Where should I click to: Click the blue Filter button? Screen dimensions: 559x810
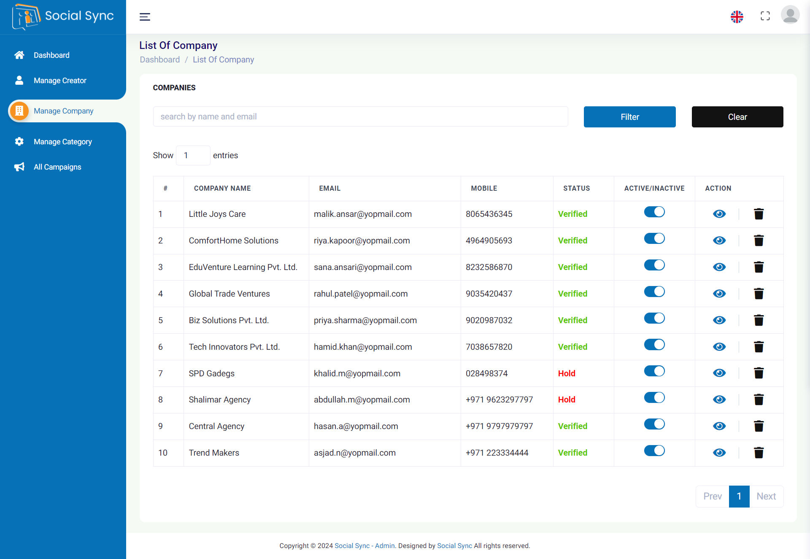[x=629, y=117]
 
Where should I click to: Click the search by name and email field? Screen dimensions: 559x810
[x=360, y=116]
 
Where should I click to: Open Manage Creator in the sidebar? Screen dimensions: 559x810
[x=60, y=81]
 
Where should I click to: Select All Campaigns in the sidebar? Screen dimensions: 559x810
[x=57, y=167]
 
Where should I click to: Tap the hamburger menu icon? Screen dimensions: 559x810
[x=145, y=17]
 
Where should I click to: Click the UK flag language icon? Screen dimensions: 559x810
[x=737, y=17]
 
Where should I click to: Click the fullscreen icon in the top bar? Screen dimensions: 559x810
[x=765, y=16]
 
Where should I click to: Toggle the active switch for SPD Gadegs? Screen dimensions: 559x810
[x=654, y=371]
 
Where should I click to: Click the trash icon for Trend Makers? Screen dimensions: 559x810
[x=759, y=453]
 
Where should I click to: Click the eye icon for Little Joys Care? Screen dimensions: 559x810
[x=719, y=214]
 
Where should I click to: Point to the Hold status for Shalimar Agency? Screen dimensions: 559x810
[x=566, y=400]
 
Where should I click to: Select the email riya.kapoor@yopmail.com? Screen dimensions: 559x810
[x=362, y=240]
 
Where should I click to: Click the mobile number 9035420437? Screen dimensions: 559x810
[x=489, y=294]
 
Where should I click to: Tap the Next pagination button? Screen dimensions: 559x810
[x=766, y=497]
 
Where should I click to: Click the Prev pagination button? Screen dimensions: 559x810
[x=712, y=497]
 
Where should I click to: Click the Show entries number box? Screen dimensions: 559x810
[x=193, y=155]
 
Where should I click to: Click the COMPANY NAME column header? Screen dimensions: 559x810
[x=222, y=188]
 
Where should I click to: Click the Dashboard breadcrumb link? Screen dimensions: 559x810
[x=159, y=59]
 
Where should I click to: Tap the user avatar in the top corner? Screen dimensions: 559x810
[x=790, y=15]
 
